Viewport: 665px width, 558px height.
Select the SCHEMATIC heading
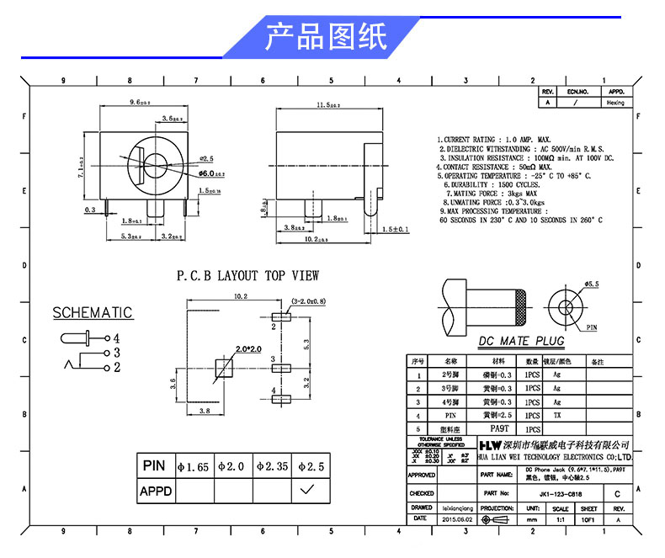(93, 313)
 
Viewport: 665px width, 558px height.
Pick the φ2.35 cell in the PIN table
(271, 465)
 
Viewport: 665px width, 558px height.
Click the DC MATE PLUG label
(521, 341)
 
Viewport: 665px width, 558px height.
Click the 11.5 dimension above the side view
(327, 105)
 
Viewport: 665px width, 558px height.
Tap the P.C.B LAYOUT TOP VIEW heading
(247, 276)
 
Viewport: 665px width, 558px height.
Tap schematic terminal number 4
(117, 337)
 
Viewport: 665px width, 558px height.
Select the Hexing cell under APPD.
(615, 103)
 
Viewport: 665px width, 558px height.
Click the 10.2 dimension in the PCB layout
(239, 296)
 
